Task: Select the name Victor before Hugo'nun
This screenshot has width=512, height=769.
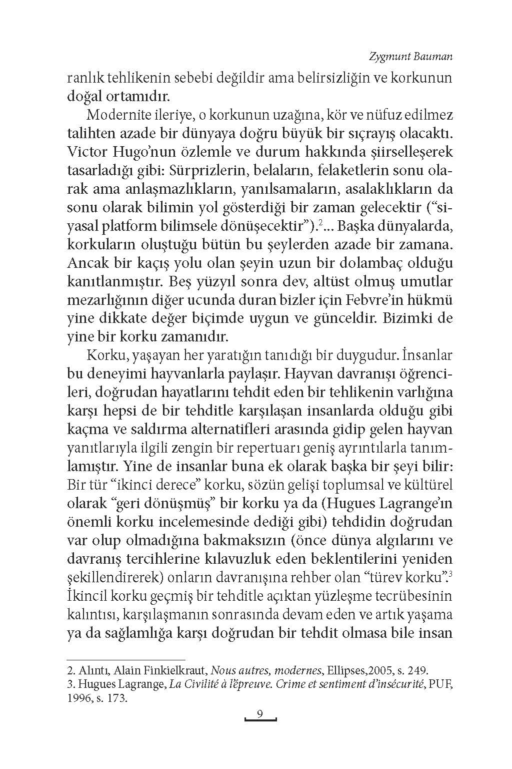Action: (85, 152)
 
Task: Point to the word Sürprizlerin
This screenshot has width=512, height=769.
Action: (205, 171)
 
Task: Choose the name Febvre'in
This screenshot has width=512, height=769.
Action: (342, 300)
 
